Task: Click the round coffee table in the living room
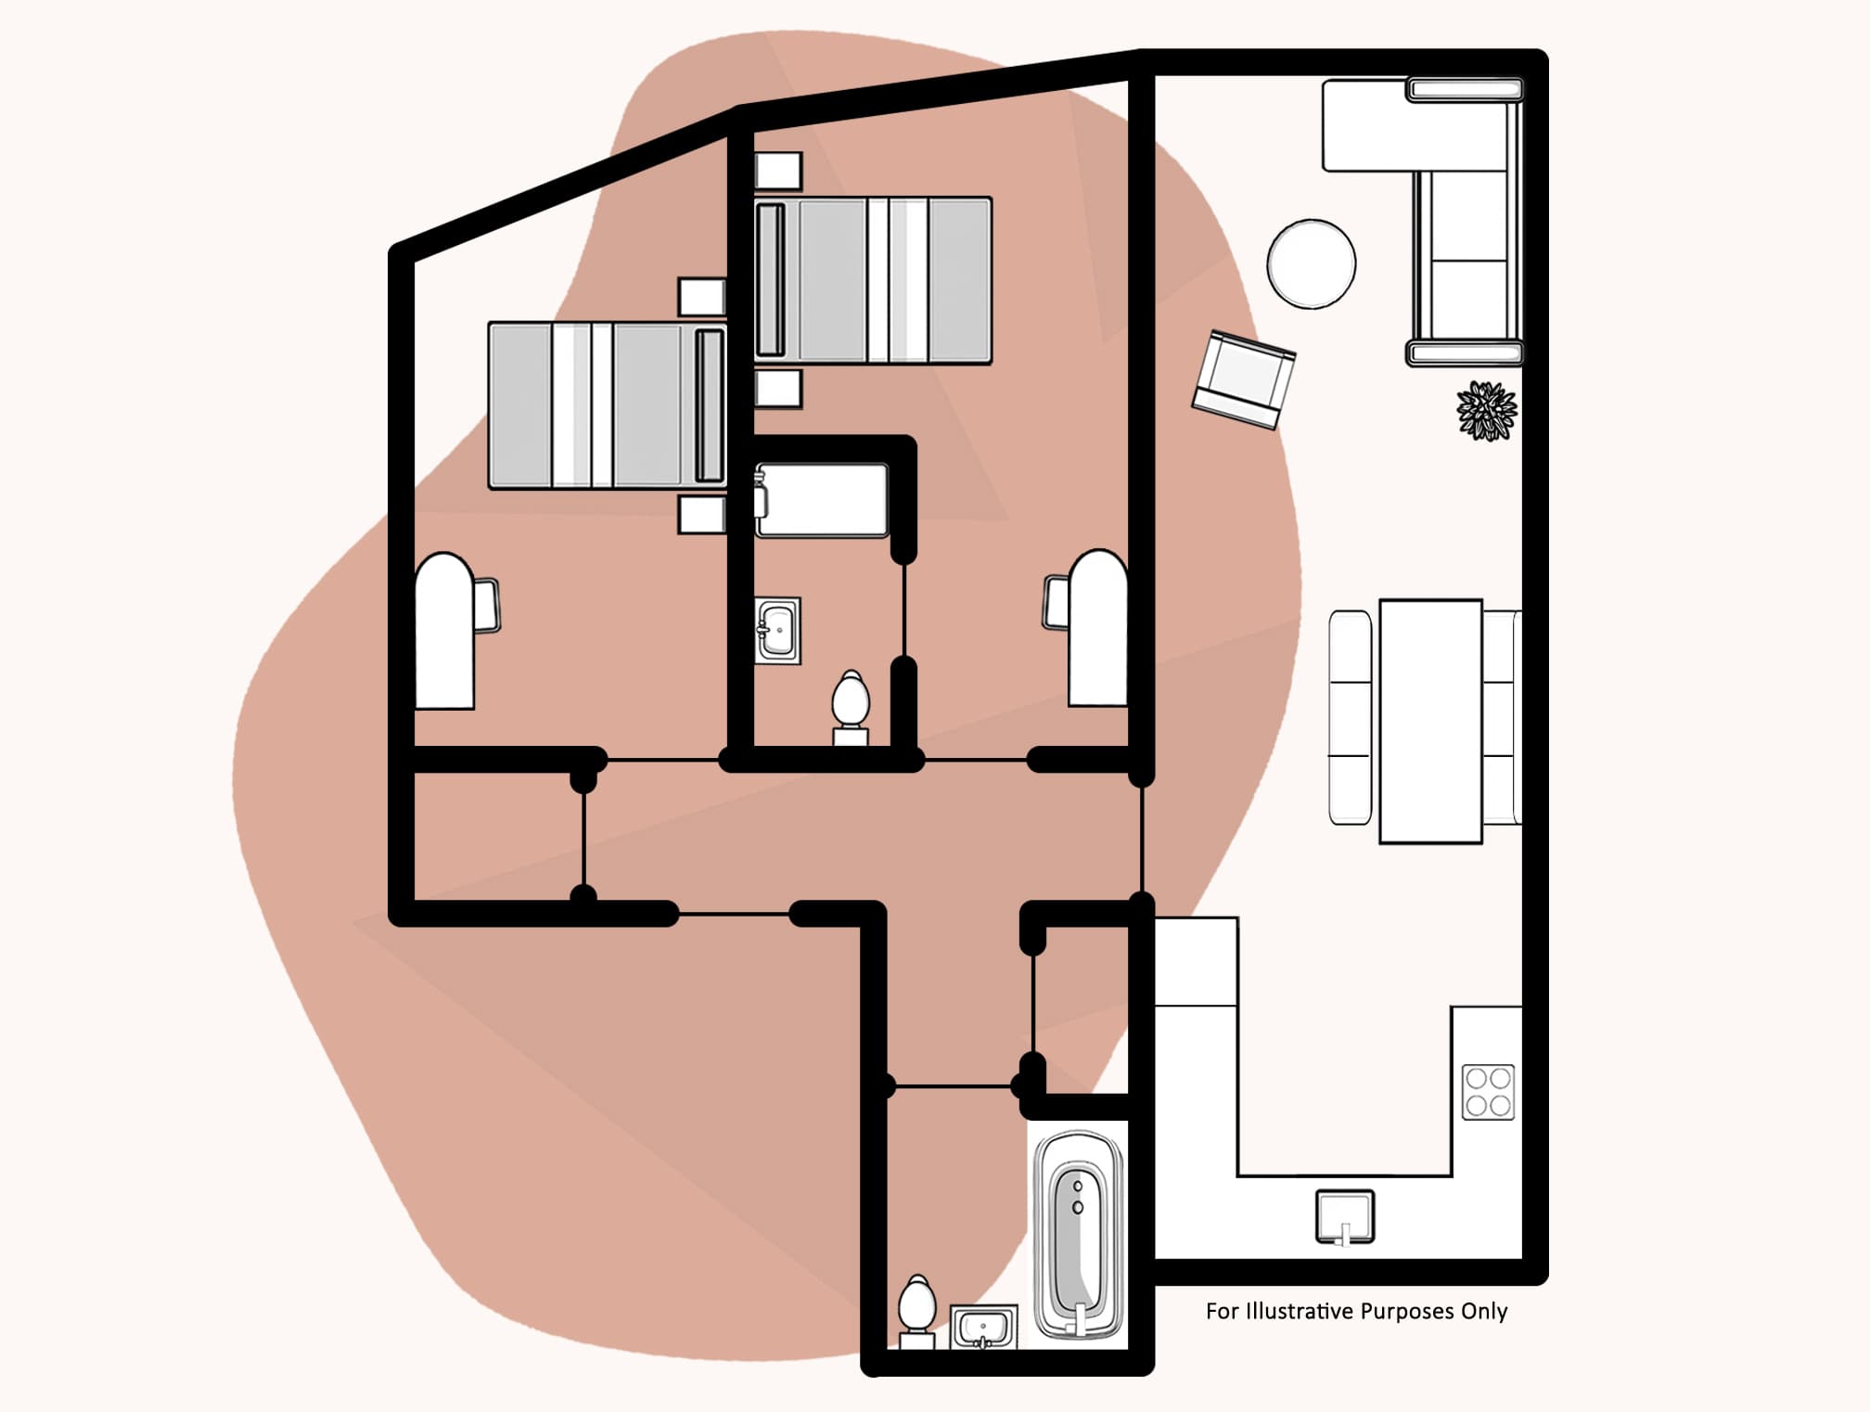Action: click(1311, 263)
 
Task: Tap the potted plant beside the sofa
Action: click(1486, 410)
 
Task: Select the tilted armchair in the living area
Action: click(1243, 379)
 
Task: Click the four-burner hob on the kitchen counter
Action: click(1488, 1092)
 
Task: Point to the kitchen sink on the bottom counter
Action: click(1345, 1216)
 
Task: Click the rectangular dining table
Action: click(1429, 721)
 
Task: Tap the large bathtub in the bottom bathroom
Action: click(1078, 1235)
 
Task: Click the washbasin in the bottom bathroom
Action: click(983, 1327)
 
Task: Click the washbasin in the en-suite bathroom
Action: click(777, 630)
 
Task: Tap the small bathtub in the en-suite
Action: click(822, 501)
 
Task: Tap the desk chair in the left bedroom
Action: click(486, 605)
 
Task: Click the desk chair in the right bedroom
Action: click(1057, 601)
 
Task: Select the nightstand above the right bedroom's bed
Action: click(777, 171)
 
